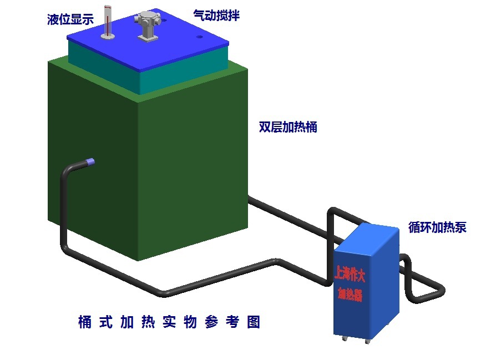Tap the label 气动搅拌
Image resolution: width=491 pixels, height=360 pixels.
(216, 16)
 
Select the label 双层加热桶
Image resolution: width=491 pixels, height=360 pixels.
(288, 127)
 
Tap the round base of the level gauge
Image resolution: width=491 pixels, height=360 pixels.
(108, 37)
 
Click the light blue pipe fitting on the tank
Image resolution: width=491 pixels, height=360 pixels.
(91, 162)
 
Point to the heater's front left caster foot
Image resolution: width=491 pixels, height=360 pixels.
(343, 338)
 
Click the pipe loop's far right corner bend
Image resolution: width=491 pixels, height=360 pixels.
(442, 291)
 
